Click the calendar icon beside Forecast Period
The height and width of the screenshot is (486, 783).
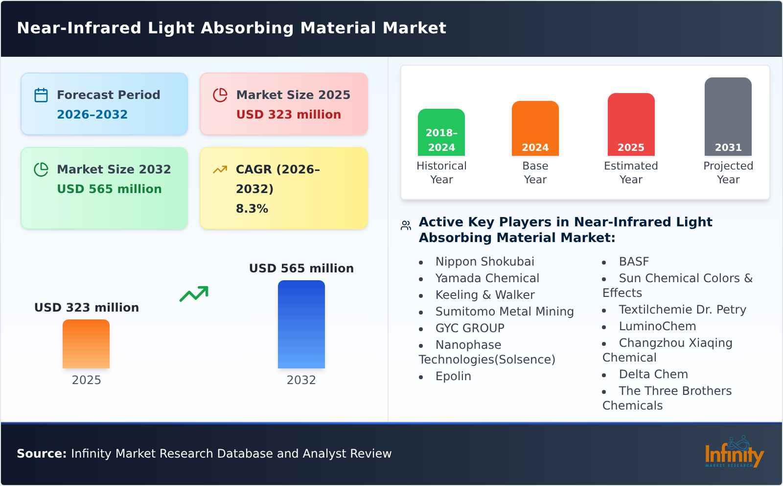click(41, 95)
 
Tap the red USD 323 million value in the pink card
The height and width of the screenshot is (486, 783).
click(288, 115)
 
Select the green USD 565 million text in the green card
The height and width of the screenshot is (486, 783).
click(109, 189)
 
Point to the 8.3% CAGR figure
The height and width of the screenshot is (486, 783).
click(252, 209)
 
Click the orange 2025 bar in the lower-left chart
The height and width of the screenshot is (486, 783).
click(86, 344)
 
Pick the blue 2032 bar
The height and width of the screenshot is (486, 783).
click(301, 324)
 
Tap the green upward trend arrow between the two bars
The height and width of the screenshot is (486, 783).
click(194, 294)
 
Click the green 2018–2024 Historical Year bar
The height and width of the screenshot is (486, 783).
click(441, 132)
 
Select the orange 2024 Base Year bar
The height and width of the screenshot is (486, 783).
click(535, 128)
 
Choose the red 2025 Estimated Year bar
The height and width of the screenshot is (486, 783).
click(631, 124)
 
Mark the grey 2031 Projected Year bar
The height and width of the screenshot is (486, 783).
click(728, 117)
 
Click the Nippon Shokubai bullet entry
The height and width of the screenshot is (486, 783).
click(484, 262)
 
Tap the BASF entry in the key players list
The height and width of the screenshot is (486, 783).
click(633, 262)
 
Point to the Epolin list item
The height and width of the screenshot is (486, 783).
click(453, 376)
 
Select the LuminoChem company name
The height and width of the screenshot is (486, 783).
click(657, 326)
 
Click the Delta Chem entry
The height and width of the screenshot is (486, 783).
click(653, 374)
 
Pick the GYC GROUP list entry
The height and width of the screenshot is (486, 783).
click(469, 328)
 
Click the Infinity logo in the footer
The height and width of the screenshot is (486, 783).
click(734, 453)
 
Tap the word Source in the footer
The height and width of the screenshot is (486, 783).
click(41, 454)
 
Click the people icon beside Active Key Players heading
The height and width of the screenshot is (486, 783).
click(406, 225)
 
